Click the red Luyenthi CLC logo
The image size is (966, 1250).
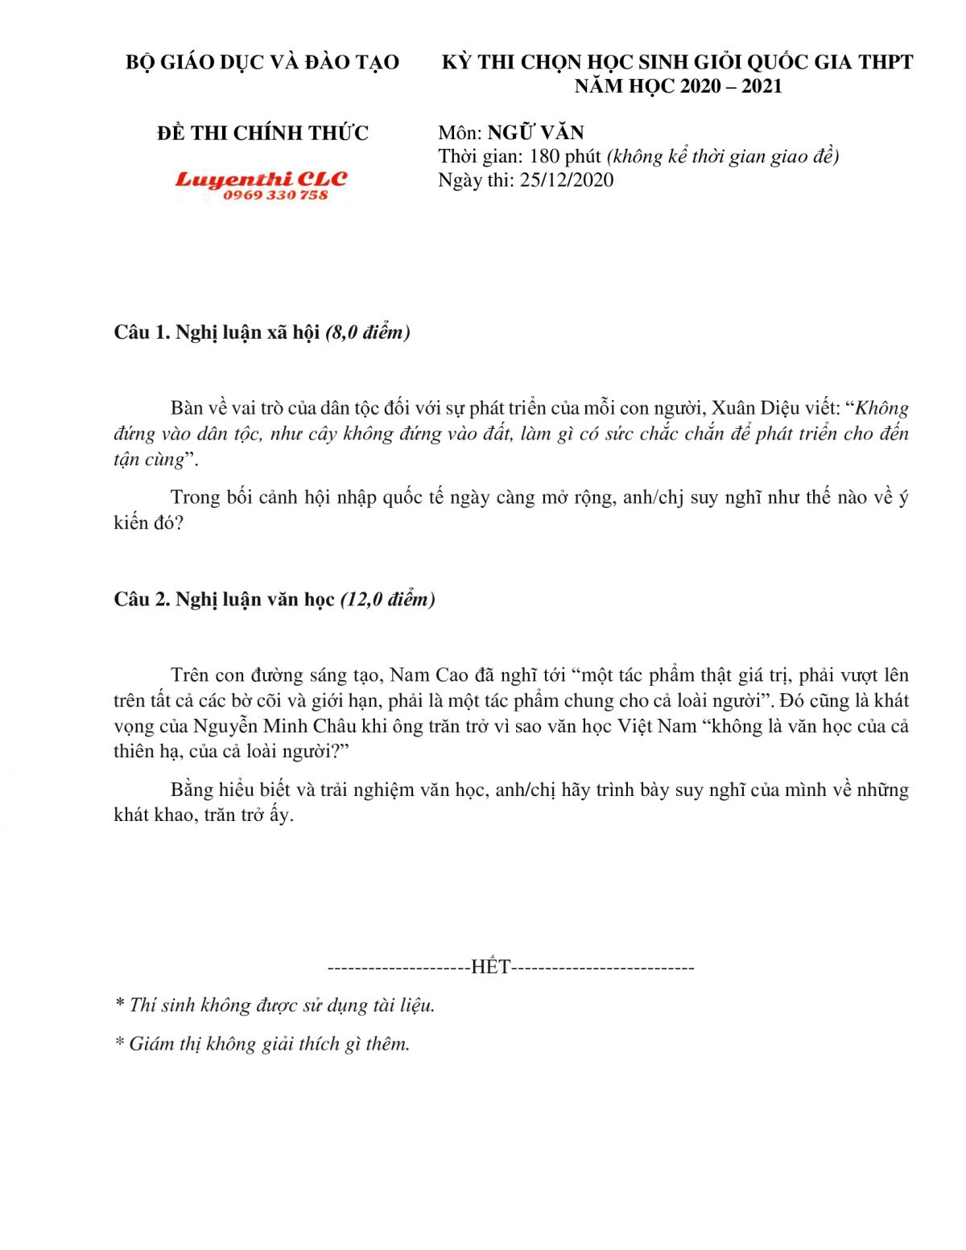pos(260,179)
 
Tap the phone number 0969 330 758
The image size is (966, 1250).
pos(275,196)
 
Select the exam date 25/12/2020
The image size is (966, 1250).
pos(567,180)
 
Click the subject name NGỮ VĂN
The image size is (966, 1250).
pos(535,133)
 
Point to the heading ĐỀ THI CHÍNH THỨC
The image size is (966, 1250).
pos(262,133)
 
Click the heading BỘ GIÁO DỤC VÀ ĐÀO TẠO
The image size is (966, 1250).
pos(262,63)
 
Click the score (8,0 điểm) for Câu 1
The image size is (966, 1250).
pos(368,332)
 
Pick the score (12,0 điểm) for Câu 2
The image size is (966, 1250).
pos(388,600)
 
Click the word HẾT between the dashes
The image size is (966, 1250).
pos(490,967)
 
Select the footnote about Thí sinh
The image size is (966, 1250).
pos(275,1005)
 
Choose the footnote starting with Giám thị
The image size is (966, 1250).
pos(263,1044)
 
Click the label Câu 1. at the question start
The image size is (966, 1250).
pos(141,332)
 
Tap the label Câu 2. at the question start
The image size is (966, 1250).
pos(141,600)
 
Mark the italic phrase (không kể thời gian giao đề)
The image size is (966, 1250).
pos(723,156)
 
